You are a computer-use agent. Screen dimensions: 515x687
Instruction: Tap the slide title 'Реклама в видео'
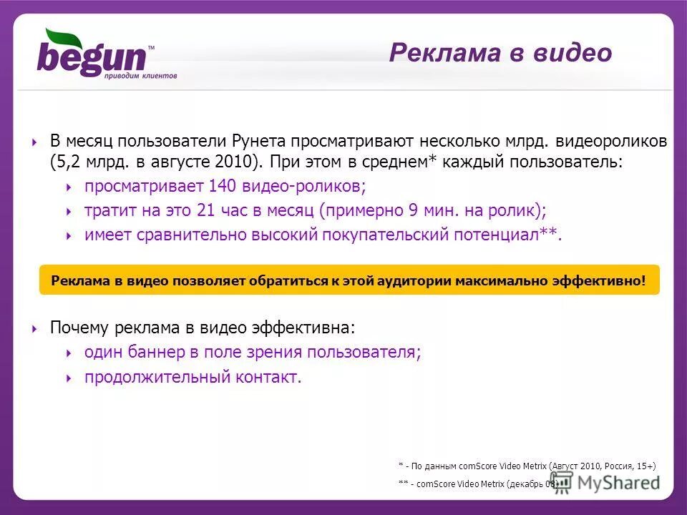[500, 53]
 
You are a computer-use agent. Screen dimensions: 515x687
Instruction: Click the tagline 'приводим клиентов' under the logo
[140, 75]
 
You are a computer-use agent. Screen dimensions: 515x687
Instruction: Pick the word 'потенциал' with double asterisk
[501, 235]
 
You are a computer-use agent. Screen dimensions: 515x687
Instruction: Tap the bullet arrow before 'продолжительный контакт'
[69, 378]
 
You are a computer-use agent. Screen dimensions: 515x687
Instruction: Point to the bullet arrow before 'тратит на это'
[69, 212]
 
